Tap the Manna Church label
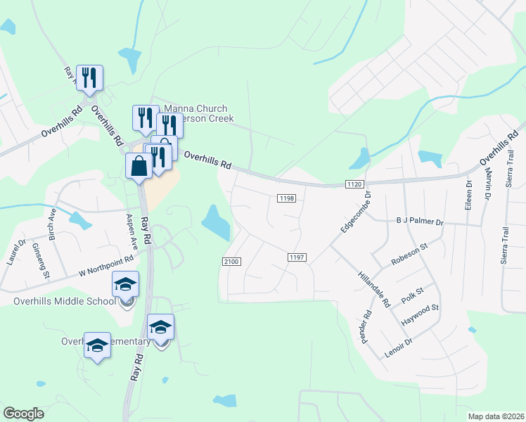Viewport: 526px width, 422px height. pos(195,109)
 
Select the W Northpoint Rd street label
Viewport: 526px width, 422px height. pos(105,267)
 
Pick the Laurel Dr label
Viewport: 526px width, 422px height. pos(17,251)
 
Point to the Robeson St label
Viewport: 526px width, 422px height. pos(410,255)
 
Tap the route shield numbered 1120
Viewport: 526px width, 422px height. pos(354,184)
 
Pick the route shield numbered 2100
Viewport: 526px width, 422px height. pos(231,262)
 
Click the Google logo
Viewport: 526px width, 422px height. pos(23,414)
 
